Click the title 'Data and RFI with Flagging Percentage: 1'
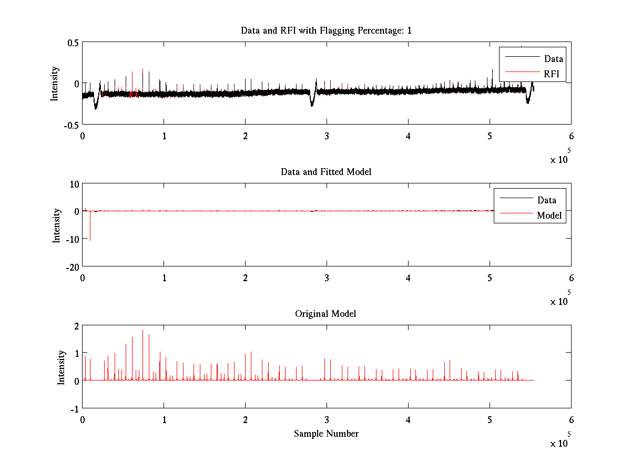[x=326, y=30]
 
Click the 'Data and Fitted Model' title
[x=326, y=172]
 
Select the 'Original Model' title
[x=325, y=314]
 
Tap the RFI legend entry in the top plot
[x=552, y=74]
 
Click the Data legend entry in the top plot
[x=553, y=58]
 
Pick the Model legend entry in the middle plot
[x=549, y=215]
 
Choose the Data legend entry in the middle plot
[x=546, y=200]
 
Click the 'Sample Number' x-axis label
[x=326, y=434]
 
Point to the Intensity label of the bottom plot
[x=61, y=367]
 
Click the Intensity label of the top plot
[x=54, y=84]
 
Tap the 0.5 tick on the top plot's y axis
[x=73, y=43]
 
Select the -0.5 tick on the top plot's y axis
[x=72, y=125]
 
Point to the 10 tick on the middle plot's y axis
[x=74, y=184]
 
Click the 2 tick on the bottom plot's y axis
[x=76, y=326]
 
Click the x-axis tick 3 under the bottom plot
[x=327, y=420]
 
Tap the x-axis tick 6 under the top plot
[x=571, y=136]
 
